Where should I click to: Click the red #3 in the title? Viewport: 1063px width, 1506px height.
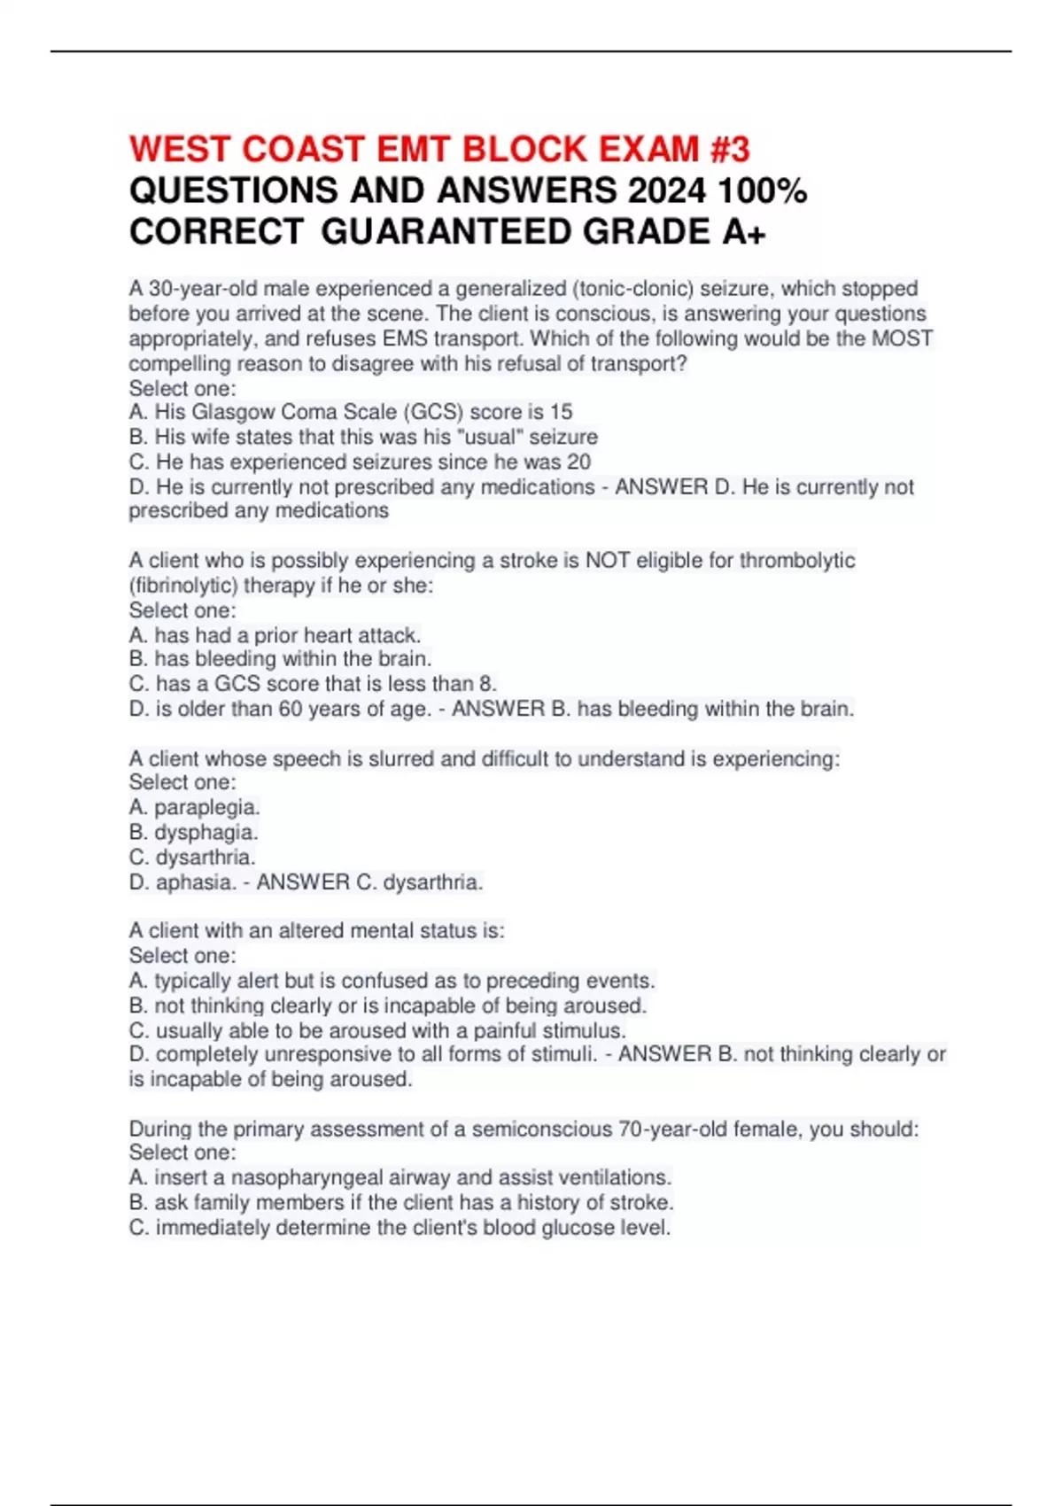coord(729,149)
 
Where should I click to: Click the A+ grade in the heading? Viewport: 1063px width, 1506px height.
coord(744,232)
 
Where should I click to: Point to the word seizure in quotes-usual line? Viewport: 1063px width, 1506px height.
coord(563,437)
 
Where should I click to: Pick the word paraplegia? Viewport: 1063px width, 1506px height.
coord(206,807)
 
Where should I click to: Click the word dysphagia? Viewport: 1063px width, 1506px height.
coord(206,832)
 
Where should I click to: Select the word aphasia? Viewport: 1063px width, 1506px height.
coord(196,882)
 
